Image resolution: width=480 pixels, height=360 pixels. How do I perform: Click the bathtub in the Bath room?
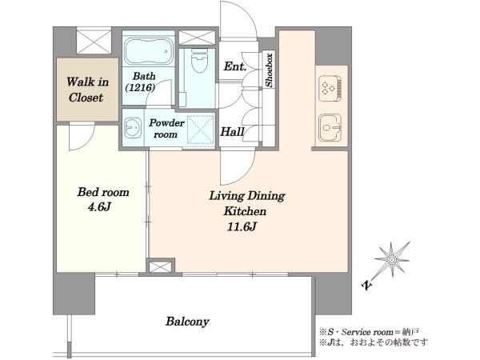click(148, 51)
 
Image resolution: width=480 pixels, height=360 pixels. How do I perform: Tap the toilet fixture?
click(199, 61)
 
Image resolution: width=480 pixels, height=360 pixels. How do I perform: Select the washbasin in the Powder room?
click(133, 128)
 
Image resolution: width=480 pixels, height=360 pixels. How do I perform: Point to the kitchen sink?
click(330, 127)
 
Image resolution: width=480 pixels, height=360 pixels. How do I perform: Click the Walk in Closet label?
click(87, 90)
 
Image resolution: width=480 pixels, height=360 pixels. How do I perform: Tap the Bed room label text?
click(103, 192)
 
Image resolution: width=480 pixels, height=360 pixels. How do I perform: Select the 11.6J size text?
click(242, 226)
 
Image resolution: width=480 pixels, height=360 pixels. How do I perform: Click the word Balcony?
click(187, 322)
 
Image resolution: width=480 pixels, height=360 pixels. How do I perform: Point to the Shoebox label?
click(269, 70)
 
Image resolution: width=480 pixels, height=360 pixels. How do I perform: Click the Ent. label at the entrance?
click(234, 66)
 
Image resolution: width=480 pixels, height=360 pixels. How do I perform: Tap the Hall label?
click(232, 132)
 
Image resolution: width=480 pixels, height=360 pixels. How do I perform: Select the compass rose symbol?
click(392, 260)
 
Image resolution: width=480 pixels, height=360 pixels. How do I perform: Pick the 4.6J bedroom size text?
click(99, 207)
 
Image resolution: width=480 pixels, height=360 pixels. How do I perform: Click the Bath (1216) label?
click(141, 82)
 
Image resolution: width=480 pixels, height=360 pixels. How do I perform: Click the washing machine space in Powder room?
click(201, 129)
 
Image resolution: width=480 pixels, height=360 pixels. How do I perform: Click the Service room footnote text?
click(369, 332)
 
